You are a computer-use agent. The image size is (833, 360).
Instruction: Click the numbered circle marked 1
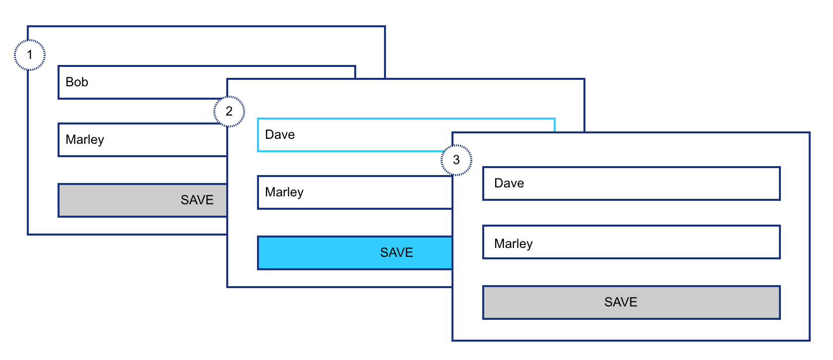(x=30, y=55)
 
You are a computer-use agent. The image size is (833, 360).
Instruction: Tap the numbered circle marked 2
(x=229, y=111)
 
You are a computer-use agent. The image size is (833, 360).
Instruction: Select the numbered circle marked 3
(x=456, y=160)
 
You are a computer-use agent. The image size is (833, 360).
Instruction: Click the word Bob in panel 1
(x=77, y=82)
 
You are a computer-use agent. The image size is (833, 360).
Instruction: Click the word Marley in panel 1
(x=85, y=140)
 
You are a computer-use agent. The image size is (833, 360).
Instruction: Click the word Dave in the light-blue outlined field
(x=280, y=135)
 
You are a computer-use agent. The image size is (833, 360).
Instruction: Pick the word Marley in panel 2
(x=284, y=192)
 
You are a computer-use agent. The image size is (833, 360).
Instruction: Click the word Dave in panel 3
(x=509, y=183)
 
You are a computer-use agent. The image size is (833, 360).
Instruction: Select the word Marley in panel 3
(x=513, y=244)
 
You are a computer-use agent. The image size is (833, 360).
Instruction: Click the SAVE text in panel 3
(x=621, y=302)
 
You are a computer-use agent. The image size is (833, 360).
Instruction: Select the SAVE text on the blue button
(x=396, y=253)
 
